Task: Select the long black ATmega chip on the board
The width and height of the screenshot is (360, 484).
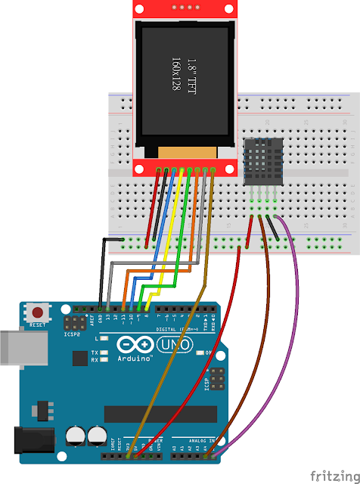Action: (154, 414)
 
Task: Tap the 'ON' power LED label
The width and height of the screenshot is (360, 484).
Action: (209, 353)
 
